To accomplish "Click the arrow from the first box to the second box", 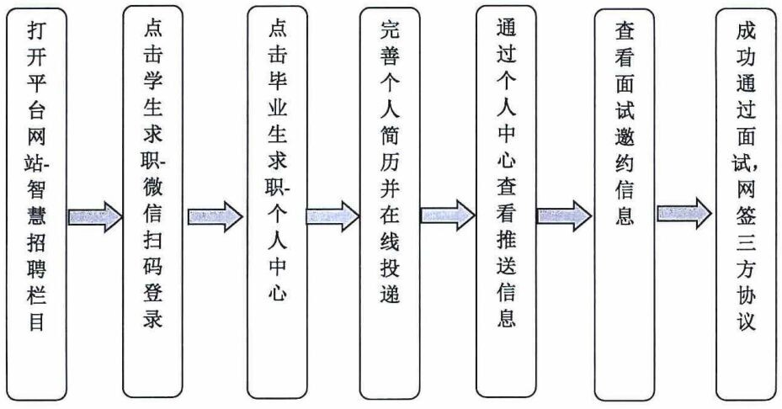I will pyautogui.click(x=95, y=217).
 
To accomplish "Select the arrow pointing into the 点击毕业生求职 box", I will pyautogui.click(x=215, y=217).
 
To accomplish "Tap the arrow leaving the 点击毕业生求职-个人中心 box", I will pyautogui.click(x=332, y=216).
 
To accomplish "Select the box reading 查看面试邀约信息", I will pyautogui.click(x=625, y=204).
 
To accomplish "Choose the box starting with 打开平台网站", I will pyautogui.click(x=35, y=204).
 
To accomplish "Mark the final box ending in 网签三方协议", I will pyautogui.click(x=745, y=204).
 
